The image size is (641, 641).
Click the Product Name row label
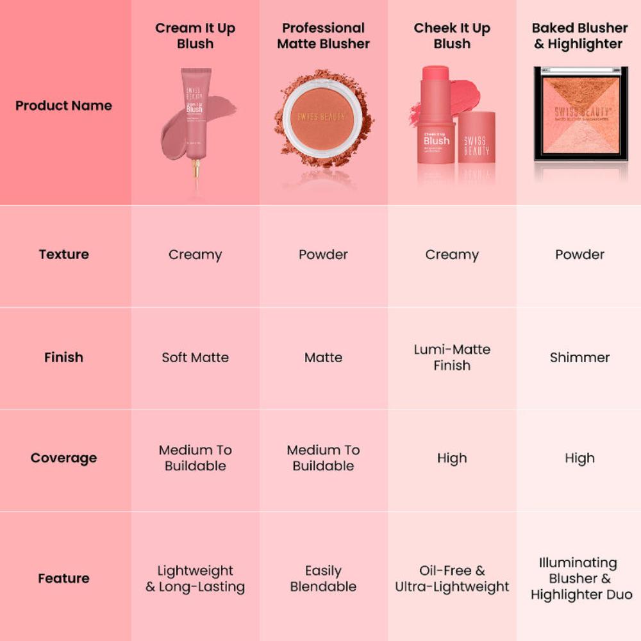click(x=63, y=106)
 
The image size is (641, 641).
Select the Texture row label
click(x=63, y=254)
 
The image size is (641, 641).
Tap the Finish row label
click(x=63, y=358)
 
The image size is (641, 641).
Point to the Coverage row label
click(x=63, y=458)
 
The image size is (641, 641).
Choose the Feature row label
click(x=63, y=578)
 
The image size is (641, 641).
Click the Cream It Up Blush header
click(x=195, y=36)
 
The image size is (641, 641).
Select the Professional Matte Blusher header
click(x=323, y=36)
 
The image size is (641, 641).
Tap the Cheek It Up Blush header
click(x=452, y=36)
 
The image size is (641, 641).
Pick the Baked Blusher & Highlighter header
click(x=579, y=36)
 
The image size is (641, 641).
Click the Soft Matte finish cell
click(x=195, y=358)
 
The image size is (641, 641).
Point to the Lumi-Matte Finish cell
click(x=452, y=358)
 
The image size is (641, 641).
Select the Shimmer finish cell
click(x=579, y=358)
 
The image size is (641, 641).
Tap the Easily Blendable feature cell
click(x=323, y=578)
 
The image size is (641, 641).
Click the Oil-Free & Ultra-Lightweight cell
click(x=452, y=578)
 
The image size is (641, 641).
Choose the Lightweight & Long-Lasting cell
click(x=195, y=578)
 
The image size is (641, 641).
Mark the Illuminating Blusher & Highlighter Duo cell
click(x=579, y=578)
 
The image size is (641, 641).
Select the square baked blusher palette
click(x=581, y=113)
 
